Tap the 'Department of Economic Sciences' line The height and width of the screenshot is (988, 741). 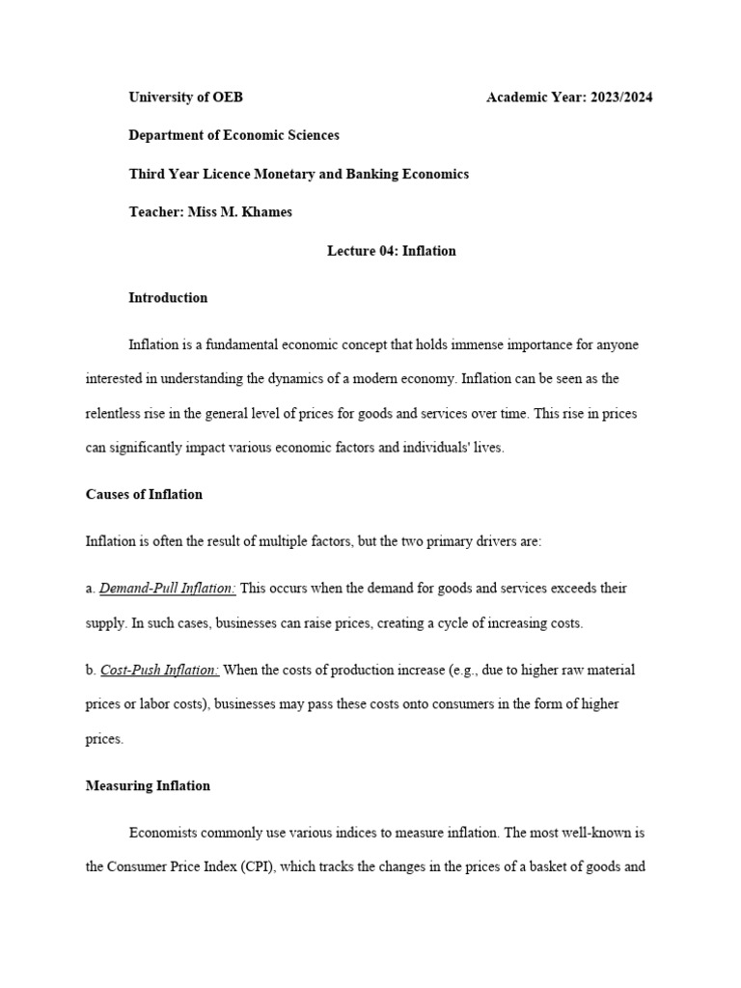(x=233, y=135)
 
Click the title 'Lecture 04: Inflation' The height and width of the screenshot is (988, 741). (x=391, y=251)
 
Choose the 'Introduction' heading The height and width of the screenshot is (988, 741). (x=168, y=298)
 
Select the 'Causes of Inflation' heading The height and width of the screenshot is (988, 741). (x=144, y=494)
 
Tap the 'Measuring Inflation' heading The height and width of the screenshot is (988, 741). (x=148, y=785)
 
